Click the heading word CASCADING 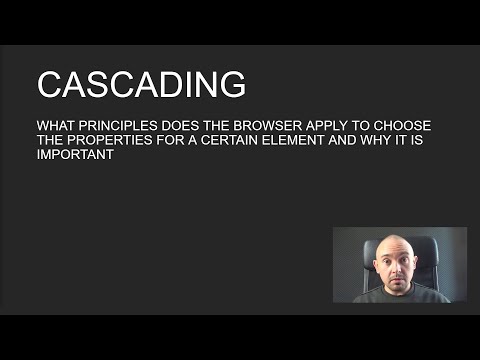pos(141,84)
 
